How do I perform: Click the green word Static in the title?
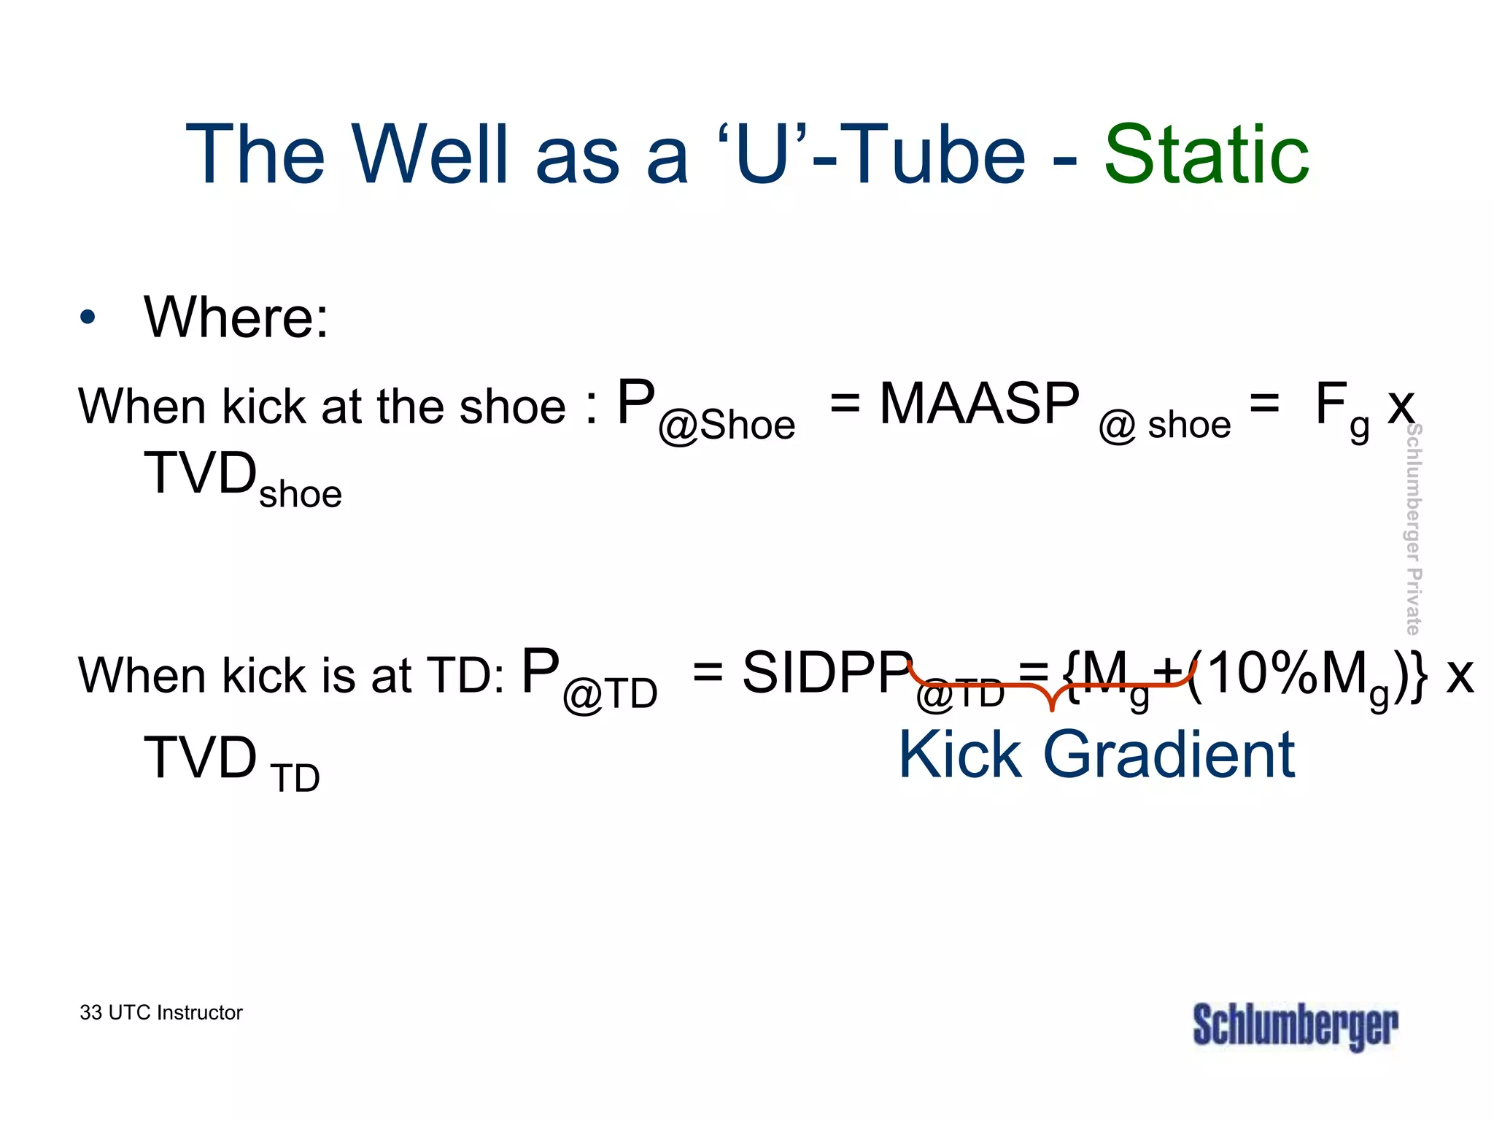[1207, 155]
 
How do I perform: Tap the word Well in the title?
[430, 155]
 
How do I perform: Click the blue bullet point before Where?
[88, 317]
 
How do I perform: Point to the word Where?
[236, 317]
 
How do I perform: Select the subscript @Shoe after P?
[727, 425]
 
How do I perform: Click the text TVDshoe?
[242, 478]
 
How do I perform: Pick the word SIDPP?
[827, 672]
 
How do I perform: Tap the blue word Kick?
[959, 755]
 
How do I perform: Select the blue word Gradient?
[1169, 755]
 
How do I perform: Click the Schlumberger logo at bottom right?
[1295, 1025]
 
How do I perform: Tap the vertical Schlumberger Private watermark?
[1413, 529]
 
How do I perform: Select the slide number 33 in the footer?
[90, 1013]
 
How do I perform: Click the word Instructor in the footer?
[199, 1013]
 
